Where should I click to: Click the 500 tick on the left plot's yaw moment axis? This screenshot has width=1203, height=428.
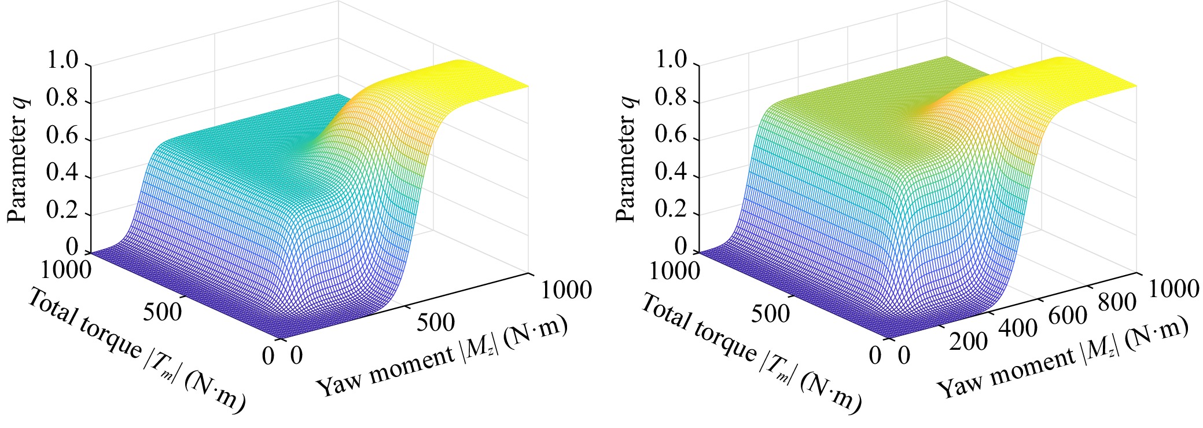[436, 322]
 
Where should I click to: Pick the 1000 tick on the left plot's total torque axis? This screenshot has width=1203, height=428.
[67, 270]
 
